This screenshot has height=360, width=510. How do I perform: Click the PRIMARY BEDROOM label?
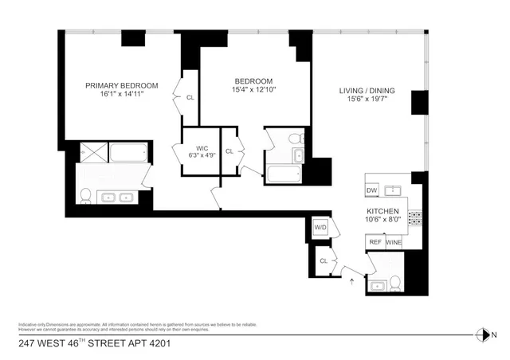[122, 86]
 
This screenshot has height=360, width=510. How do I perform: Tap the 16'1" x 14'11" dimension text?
[122, 95]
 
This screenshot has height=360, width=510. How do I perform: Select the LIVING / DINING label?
[366, 90]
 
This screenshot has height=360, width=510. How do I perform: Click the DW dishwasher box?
[371, 190]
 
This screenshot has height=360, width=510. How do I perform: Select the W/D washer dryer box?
[320, 227]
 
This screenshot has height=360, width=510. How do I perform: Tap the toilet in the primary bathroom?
[86, 194]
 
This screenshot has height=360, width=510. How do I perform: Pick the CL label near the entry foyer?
[324, 260]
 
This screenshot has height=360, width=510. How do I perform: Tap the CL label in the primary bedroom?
[190, 97]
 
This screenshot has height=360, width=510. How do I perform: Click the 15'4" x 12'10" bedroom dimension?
[253, 90]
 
